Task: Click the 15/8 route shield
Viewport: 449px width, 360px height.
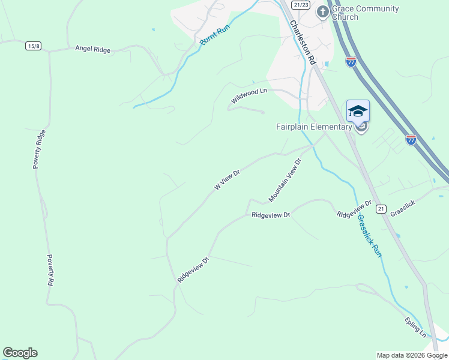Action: click(x=34, y=46)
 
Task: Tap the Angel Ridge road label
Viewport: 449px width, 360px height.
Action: click(x=93, y=50)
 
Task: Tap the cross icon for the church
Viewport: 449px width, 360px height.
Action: click(x=323, y=11)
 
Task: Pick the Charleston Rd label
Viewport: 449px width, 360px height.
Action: click(x=302, y=43)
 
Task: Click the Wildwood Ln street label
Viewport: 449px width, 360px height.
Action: click(x=249, y=95)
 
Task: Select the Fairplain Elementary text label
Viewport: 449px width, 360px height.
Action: click(x=314, y=127)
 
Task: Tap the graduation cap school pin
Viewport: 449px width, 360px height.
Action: click(x=358, y=112)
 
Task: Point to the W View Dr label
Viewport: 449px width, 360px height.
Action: click(x=228, y=180)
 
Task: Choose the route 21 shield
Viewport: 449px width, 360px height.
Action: click(x=381, y=209)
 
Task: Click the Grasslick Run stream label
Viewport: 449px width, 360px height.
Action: click(x=369, y=237)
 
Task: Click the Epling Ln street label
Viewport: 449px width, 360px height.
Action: click(x=415, y=327)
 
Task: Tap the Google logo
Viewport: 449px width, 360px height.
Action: click(x=20, y=353)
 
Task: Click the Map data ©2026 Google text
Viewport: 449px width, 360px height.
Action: click(x=411, y=355)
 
